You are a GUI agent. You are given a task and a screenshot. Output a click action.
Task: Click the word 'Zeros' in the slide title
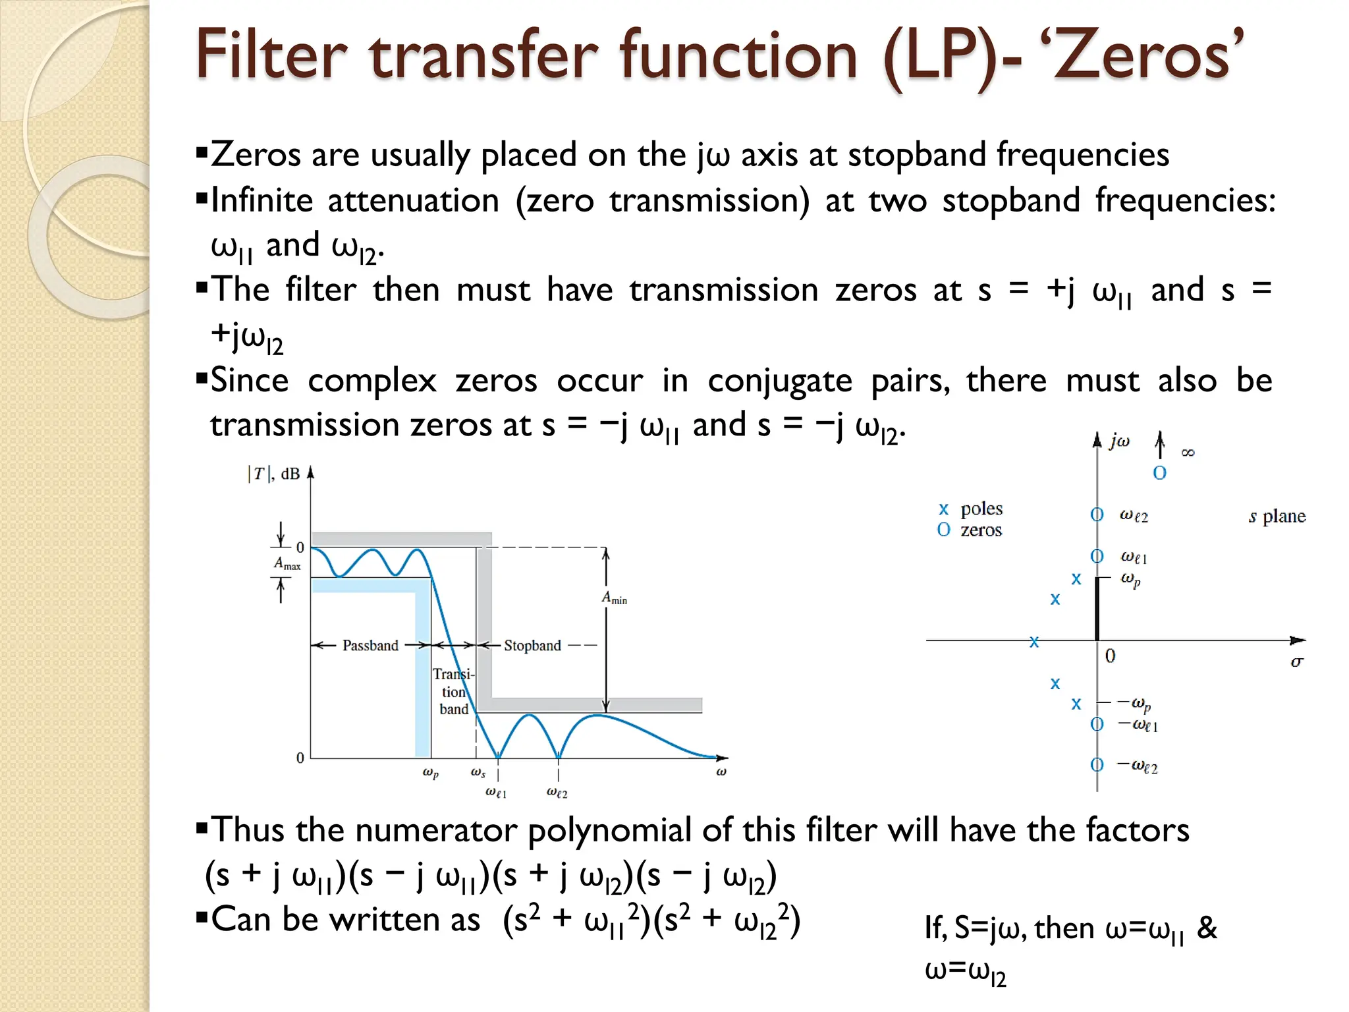click(1147, 55)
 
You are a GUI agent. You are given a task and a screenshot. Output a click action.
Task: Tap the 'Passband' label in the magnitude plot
click(370, 646)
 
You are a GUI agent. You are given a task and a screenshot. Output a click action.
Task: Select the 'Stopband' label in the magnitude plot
click(532, 646)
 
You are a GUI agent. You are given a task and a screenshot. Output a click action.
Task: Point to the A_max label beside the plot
click(287, 564)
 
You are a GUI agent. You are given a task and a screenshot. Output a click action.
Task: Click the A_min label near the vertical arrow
click(615, 598)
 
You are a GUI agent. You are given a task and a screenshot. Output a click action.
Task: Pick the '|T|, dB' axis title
click(273, 474)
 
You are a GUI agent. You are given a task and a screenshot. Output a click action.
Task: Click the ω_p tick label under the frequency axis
click(430, 772)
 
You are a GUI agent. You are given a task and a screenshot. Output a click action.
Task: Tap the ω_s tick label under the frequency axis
click(478, 772)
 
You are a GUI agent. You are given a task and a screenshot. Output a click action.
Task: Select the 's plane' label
click(1277, 517)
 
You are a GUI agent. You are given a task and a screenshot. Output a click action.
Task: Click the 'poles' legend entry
click(981, 509)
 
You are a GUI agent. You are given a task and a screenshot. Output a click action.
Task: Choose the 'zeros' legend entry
click(981, 530)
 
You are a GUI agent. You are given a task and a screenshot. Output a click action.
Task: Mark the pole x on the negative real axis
click(1034, 641)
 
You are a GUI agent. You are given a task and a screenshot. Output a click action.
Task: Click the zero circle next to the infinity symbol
click(1159, 473)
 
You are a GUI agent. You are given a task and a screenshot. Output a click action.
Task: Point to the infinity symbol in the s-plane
click(1188, 453)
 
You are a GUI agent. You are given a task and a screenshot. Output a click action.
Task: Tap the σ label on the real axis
click(1296, 661)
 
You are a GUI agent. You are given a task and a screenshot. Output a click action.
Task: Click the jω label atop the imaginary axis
click(1119, 441)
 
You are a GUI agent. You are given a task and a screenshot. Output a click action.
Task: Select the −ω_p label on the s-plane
click(1136, 704)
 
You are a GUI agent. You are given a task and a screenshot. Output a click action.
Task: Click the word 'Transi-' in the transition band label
click(453, 674)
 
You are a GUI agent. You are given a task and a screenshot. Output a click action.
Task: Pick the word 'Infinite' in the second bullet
click(262, 200)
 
